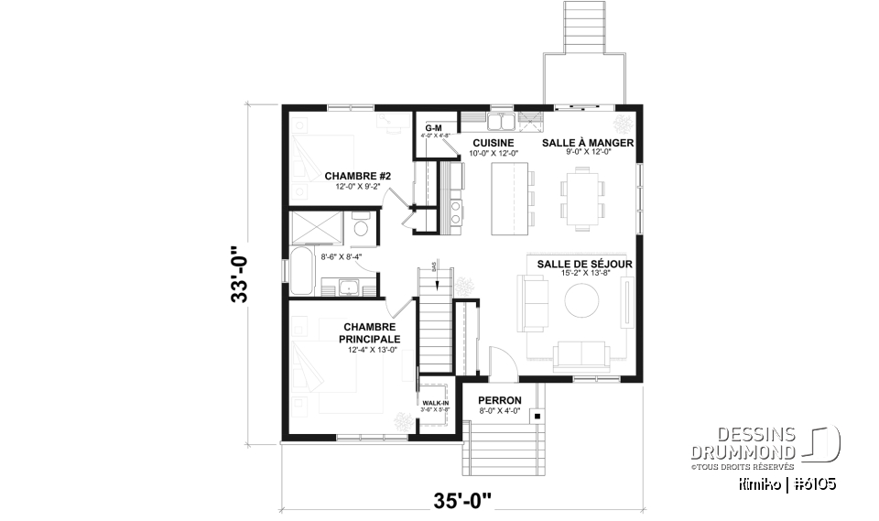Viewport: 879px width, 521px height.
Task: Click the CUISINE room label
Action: [492, 144]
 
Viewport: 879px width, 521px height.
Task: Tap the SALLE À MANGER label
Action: [588, 144]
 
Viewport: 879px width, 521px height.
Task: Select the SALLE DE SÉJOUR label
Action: [584, 264]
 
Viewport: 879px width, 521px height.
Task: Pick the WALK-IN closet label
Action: [436, 404]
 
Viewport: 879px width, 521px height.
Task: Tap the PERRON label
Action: [500, 401]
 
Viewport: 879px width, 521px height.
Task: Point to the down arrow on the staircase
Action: [435, 271]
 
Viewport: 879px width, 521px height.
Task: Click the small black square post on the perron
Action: [537, 417]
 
